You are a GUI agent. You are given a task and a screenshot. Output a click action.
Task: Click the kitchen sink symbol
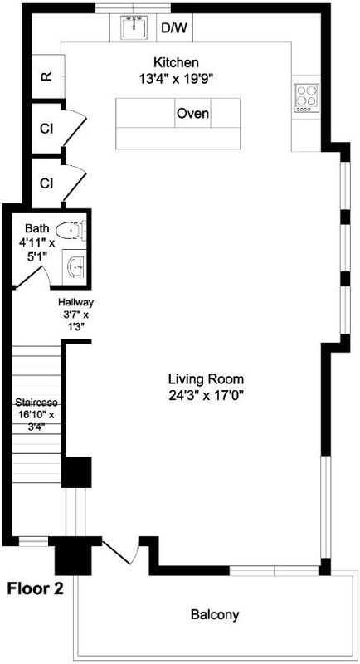click(x=134, y=27)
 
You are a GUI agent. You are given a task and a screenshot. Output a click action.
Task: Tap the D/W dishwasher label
click(x=175, y=29)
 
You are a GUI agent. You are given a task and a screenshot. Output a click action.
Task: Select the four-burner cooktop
click(x=307, y=98)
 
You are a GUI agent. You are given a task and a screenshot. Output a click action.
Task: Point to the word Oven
click(x=192, y=114)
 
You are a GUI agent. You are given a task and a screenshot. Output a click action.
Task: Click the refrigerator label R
click(x=46, y=76)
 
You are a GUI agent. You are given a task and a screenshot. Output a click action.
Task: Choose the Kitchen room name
click(x=176, y=63)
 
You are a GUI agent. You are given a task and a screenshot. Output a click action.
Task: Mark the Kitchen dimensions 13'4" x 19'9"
click(x=176, y=78)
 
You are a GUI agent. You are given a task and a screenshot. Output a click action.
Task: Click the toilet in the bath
click(x=71, y=232)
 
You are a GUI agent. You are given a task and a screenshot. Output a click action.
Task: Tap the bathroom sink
click(x=75, y=266)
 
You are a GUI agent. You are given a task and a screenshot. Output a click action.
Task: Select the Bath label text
click(x=37, y=229)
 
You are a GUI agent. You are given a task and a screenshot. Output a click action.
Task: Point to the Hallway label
click(x=75, y=303)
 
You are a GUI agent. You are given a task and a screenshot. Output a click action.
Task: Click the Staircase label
click(x=36, y=403)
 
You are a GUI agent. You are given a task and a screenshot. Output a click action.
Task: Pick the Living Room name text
click(x=206, y=378)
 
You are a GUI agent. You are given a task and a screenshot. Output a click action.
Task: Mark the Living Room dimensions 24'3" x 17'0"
click(x=207, y=396)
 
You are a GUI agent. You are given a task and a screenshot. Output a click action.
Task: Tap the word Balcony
click(x=215, y=614)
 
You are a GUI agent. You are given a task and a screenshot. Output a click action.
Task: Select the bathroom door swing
click(x=32, y=277)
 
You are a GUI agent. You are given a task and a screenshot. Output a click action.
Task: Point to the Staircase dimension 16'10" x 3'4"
click(x=36, y=420)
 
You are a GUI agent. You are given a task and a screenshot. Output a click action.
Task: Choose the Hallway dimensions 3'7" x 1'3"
click(x=75, y=321)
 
